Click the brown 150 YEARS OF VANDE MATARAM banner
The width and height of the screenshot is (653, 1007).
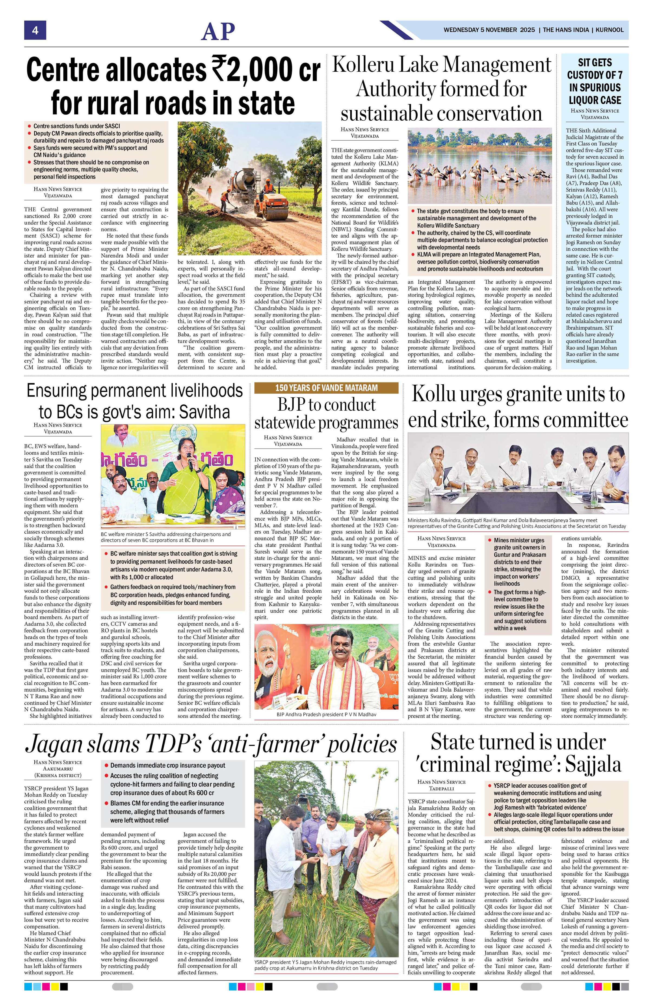click(326, 388)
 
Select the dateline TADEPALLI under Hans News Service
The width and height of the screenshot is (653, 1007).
click(441, 789)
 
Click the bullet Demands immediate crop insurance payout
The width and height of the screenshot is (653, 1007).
click(168, 765)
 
